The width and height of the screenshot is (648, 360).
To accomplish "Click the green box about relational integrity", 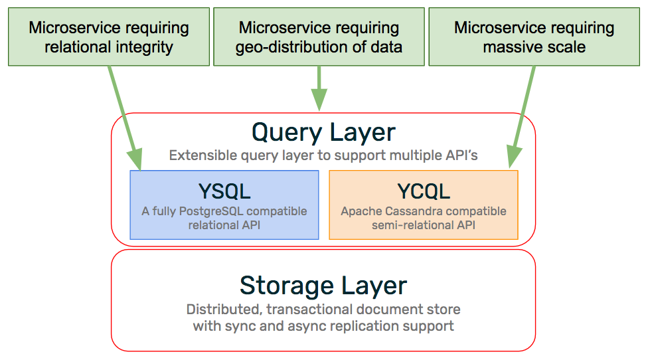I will coord(109,37).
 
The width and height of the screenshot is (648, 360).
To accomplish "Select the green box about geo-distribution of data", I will coord(319,37).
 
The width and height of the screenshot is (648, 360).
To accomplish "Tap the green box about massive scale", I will coord(534,37).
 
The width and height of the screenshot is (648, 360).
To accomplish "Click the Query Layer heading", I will coord(323,132).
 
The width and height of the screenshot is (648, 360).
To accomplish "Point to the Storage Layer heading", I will coord(323,285).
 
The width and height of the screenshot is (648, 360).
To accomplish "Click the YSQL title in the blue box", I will coord(224,191).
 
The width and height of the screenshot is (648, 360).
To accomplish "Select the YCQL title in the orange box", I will coord(424,191).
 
